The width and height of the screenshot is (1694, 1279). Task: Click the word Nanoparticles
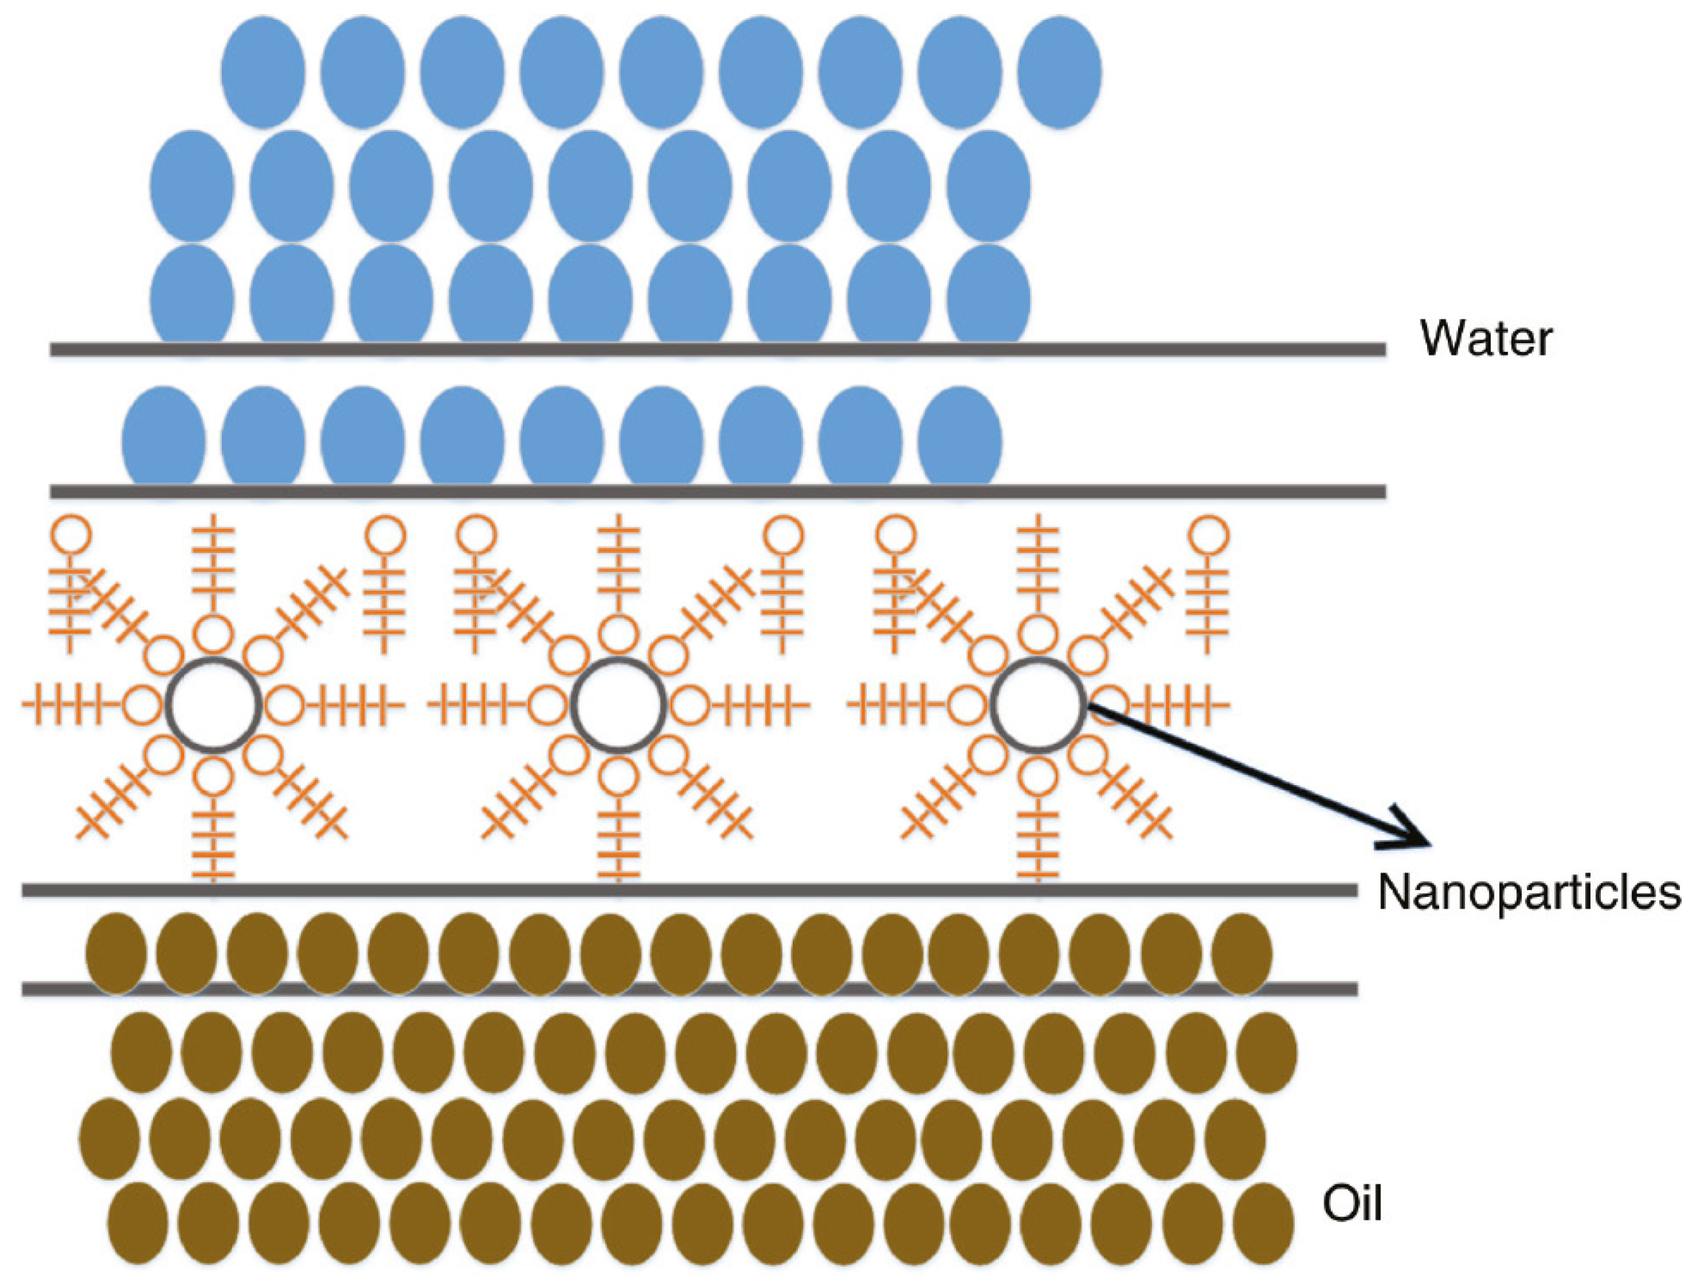tap(1528, 892)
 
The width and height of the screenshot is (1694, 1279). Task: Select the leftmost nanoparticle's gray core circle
tap(214, 704)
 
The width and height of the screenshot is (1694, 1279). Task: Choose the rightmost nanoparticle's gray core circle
tap(1038, 704)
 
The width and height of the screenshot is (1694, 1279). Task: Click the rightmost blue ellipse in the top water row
tap(1059, 71)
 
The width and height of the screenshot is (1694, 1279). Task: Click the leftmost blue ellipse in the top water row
tap(262, 71)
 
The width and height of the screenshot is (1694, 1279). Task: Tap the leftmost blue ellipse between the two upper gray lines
tap(163, 435)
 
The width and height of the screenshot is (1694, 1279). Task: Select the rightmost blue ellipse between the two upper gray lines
tap(960, 435)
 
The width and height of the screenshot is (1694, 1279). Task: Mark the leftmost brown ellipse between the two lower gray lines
tap(115, 954)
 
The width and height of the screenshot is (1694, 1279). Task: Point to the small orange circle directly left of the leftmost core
tap(143, 704)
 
